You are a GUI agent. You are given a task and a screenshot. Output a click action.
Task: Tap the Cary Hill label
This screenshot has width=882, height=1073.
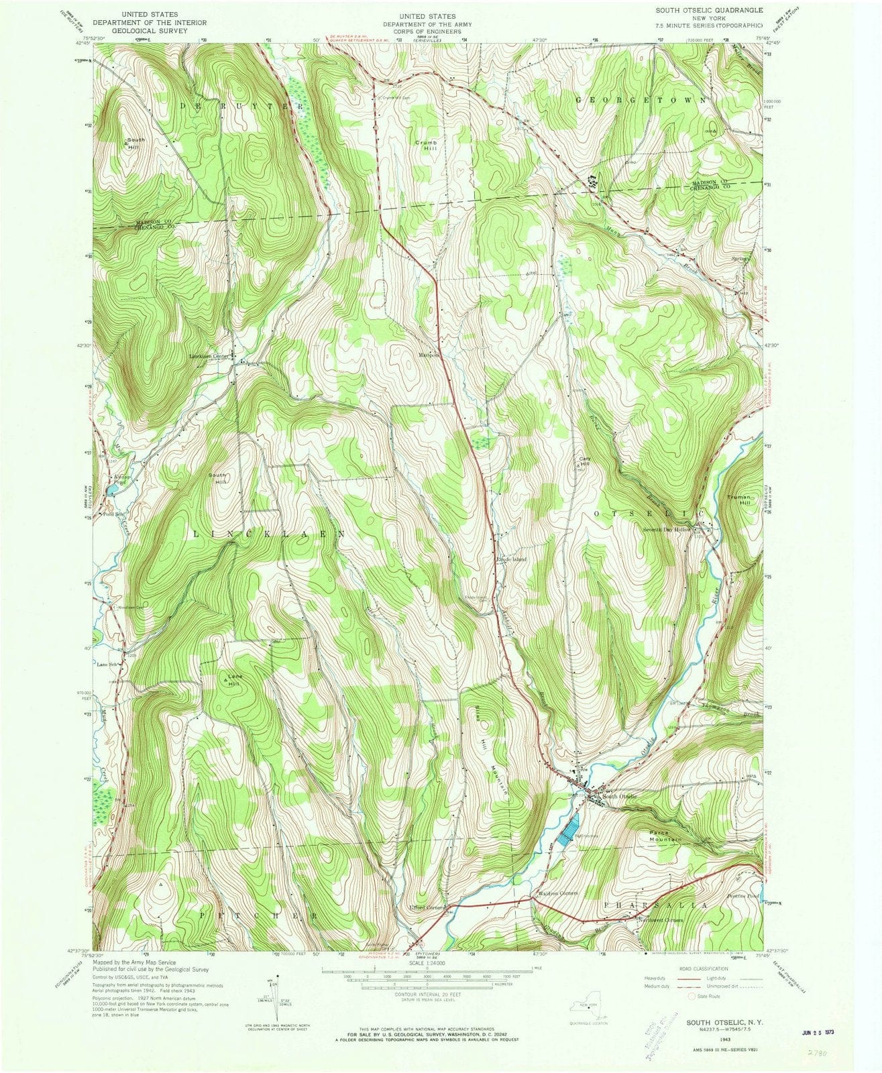point(585,462)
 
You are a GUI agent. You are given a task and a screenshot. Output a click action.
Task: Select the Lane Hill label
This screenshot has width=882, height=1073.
point(234,679)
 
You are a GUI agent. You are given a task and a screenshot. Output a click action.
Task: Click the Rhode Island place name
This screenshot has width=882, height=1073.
point(510,559)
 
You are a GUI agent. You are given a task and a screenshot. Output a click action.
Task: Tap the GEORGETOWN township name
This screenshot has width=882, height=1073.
point(641,99)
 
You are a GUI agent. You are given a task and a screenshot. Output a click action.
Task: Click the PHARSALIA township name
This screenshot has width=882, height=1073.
point(655,905)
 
